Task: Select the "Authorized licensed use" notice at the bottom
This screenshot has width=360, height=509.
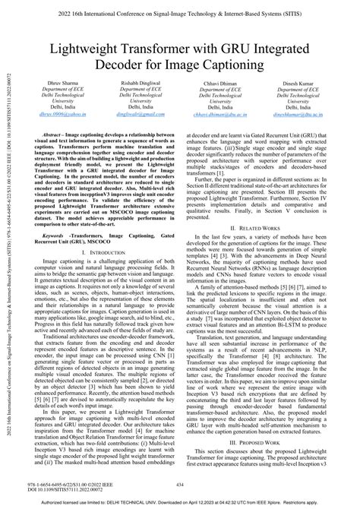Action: (180, 502)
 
